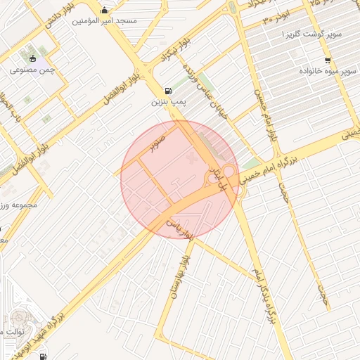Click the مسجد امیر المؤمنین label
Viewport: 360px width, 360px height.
[105, 21]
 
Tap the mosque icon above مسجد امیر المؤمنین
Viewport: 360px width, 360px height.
[105, 10]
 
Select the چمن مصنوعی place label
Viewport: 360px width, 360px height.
[28, 70]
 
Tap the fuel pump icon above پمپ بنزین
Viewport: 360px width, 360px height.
[167, 90]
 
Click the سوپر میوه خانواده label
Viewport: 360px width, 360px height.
[328, 72]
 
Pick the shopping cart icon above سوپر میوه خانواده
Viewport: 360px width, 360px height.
[328, 60]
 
